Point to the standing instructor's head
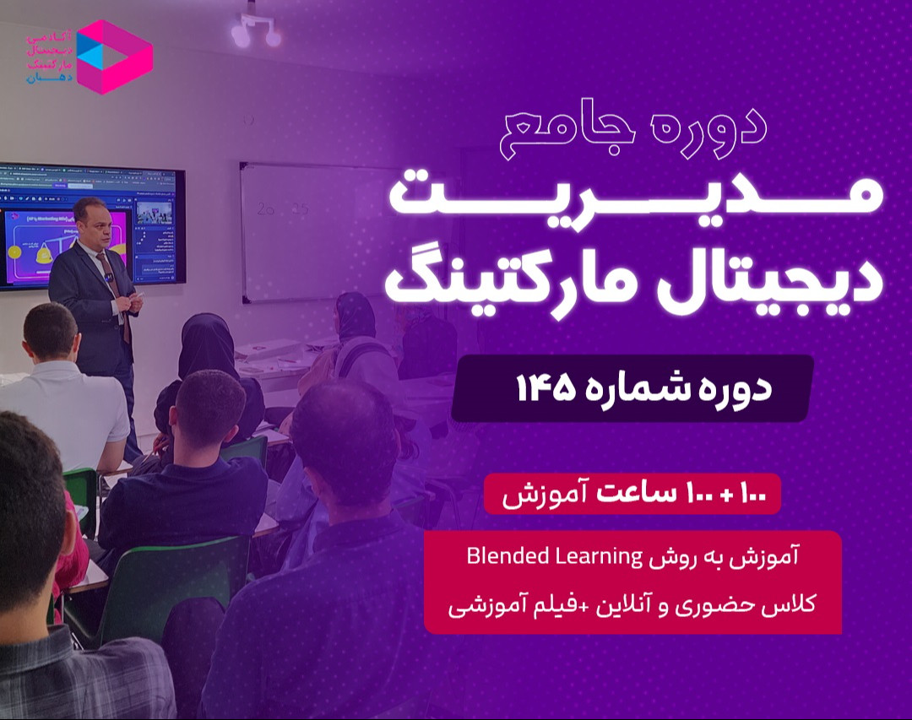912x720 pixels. [x=92, y=221]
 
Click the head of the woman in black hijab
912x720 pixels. [x=208, y=346]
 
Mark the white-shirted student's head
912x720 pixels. [x=51, y=333]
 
